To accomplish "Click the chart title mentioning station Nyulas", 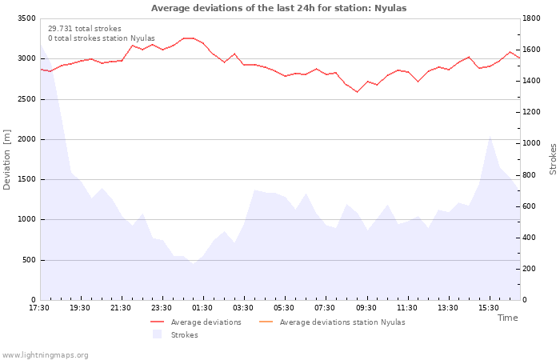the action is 278,8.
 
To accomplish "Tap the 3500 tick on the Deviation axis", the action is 26,18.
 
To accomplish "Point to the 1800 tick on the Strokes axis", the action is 531,18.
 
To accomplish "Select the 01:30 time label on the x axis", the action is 202,308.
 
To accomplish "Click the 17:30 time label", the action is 39,308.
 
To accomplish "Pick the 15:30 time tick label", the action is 489,308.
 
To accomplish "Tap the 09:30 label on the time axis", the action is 366,308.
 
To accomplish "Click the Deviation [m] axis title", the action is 6,160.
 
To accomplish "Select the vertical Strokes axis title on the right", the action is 553,159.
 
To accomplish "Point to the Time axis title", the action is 508,318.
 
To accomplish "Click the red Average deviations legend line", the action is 157,322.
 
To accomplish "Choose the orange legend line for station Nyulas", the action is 266,322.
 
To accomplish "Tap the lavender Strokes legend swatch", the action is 157,334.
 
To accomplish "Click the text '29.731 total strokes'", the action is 85,29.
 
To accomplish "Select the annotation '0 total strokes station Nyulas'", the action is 102,38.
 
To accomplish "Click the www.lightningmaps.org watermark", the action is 45,355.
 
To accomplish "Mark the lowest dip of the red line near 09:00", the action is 357,92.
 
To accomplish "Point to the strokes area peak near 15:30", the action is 490,136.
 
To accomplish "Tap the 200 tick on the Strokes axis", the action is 530,269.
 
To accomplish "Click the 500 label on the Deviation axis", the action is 29,260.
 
